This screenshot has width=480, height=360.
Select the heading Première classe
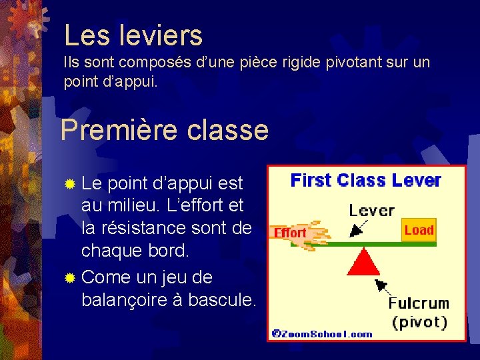pos(164,129)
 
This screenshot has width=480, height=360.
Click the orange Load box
pos(419,231)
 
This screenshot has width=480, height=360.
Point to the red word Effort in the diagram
pos(291,233)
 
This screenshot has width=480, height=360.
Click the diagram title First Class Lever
pos(366,181)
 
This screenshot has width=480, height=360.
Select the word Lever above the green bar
pos(371,211)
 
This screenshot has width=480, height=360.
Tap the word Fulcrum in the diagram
pos(419,303)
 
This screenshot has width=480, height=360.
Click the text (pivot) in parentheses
pos(419,322)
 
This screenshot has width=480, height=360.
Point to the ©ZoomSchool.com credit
pos(322,334)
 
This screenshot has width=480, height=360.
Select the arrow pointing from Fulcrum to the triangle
pos(382,287)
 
